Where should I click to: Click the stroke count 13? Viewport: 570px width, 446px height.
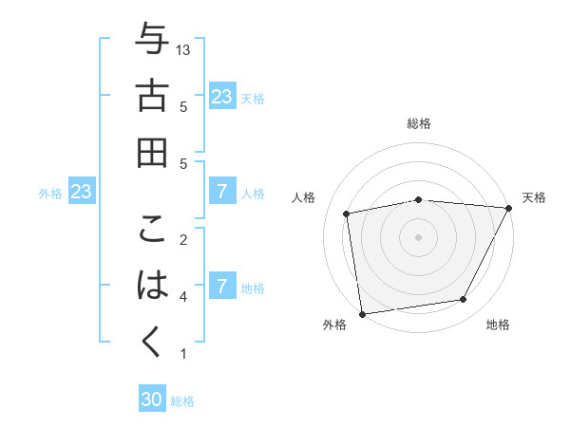tap(184, 49)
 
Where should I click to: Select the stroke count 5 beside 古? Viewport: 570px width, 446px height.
tap(182, 106)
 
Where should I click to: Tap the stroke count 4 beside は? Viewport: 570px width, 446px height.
tap(182, 297)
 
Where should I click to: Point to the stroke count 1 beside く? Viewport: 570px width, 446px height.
tap(182, 354)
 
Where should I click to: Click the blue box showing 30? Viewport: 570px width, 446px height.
tap(152, 400)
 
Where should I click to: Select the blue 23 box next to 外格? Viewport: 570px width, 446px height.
tap(82, 192)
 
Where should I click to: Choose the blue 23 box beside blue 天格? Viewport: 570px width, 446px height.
tap(222, 96)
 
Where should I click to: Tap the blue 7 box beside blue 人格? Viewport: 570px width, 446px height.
tap(222, 192)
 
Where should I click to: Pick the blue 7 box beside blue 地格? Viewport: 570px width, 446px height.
tap(222, 286)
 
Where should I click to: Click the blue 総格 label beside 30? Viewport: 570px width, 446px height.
tap(182, 401)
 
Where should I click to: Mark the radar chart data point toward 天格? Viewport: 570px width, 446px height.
tap(509, 208)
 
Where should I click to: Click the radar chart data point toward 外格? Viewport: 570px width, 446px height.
tap(361, 313)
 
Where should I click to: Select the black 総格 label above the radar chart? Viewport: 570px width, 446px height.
tap(419, 123)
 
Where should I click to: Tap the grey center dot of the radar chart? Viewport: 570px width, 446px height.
tap(418, 236)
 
